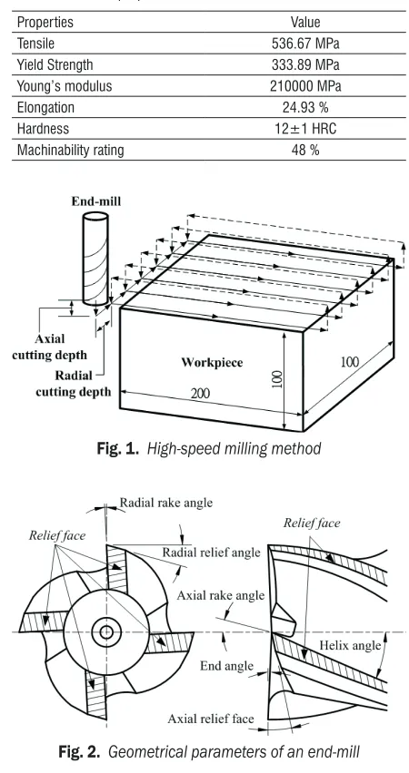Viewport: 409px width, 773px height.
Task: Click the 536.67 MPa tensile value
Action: [x=305, y=44]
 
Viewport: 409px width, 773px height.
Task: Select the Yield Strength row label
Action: [x=55, y=64]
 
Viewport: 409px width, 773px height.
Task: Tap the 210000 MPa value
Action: [x=305, y=86]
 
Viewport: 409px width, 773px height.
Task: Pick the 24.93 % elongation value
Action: [x=305, y=107]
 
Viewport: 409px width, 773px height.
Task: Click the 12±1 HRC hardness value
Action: [x=305, y=129]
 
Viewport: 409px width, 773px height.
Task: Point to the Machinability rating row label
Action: [x=70, y=150]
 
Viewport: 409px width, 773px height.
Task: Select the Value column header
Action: [x=305, y=22]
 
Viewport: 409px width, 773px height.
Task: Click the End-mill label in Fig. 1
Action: [x=95, y=201]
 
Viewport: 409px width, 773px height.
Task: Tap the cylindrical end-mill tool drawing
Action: [x=95, y=259]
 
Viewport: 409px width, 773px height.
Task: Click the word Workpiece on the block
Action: [x=212, y=363]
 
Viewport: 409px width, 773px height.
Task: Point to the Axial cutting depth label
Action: [x=49, y=347]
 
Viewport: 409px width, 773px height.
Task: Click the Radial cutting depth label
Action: [x=74, y=384]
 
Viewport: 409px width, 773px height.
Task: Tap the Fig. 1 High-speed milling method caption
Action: [x=209, y=448]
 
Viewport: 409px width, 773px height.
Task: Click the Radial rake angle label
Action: [x=166, y=503]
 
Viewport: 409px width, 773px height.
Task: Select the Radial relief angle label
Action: [x=212, y=553]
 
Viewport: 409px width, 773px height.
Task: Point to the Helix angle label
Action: [x=350, y=645]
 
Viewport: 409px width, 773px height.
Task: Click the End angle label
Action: [x=226, y=667]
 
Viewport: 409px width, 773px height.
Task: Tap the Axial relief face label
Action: [x=211, y=719]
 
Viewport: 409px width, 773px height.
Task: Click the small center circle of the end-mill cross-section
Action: [x=106, y=632]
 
